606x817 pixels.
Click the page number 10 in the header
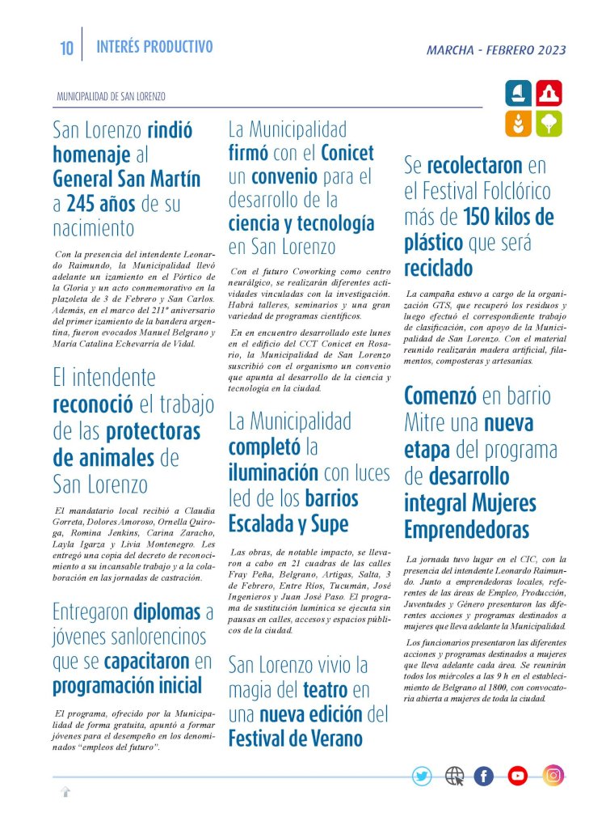click(66, 49)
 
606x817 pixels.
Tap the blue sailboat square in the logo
click(518, 94)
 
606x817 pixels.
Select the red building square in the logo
click(549, 94)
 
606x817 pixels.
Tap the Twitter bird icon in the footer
click(422, 777)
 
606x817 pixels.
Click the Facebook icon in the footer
click(483, 777)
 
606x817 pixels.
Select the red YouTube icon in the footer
click(517, 777)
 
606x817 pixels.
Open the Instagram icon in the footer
click(553, 776)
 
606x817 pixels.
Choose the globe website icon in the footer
click(454, 777)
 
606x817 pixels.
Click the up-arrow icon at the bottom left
click(65, 792)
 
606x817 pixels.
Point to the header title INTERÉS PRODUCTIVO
click(154, 47)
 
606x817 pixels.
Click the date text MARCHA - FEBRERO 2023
click(496, 50)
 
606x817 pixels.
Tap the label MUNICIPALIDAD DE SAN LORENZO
click(111, 96)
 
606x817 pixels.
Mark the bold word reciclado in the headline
click(438, 268)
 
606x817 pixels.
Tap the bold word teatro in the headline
click(325, 690)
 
